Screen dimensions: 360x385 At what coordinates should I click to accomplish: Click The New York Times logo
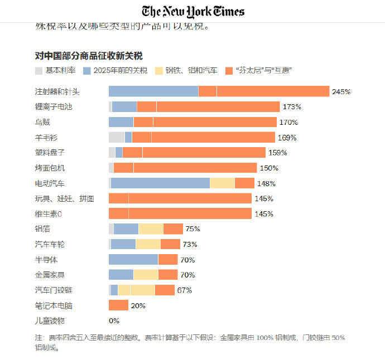coord(192,11)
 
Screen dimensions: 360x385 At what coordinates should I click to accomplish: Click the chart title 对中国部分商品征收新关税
coord(89,56)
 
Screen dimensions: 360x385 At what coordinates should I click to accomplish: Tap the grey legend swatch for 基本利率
coord(38,71)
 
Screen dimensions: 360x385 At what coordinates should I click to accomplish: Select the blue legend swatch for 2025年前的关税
coord(86,71)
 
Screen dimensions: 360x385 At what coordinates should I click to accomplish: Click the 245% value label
coord(341,91)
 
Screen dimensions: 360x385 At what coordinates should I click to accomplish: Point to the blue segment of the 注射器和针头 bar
coord(153,91)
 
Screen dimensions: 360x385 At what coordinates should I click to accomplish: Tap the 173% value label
coord(292,106)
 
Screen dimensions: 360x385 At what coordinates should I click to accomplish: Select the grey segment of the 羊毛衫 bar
coord(117,137)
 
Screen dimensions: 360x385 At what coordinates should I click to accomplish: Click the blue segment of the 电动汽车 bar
coord(161,183)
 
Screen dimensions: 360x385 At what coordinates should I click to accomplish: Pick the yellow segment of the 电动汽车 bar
coord(222,183)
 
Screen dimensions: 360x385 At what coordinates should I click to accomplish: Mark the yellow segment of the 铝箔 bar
coord(151,228)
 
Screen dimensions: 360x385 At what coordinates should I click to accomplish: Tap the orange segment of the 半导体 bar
coord(168,259)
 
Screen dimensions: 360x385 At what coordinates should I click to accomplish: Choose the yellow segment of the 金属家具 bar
coord(146,274)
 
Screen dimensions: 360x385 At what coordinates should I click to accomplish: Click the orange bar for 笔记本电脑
coord(118,305)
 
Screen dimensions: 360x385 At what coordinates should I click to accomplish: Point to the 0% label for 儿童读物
coord(114,320)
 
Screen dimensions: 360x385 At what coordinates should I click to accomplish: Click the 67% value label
coord(185,290)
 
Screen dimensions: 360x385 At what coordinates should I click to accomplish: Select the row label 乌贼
coord(42,122)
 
